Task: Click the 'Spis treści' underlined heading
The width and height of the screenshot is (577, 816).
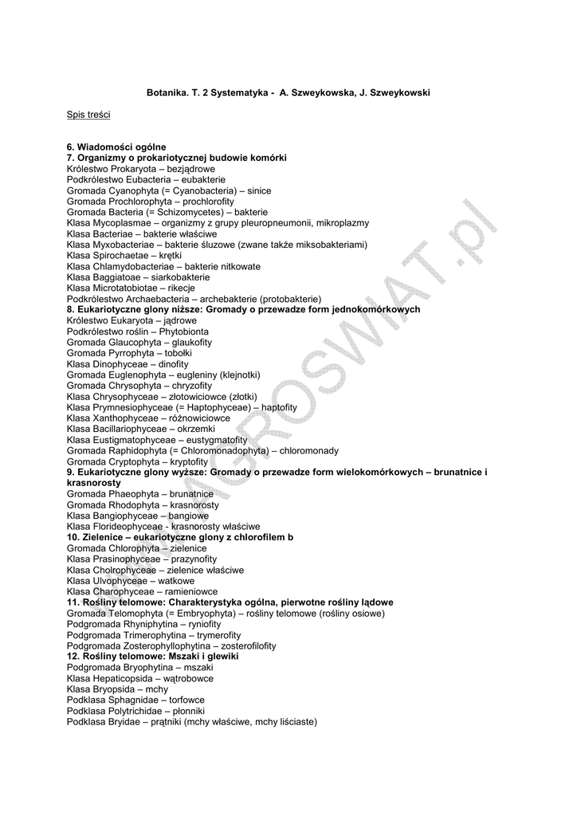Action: [x=88, y=115]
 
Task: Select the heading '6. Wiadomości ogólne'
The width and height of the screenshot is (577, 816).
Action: [x=116, y=147]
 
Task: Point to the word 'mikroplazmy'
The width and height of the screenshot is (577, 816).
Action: [x=343, y=223]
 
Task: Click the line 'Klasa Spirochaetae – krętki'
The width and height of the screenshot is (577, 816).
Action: [x=124, y=256]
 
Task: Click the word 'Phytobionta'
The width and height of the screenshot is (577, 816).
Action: [x=184, y=331]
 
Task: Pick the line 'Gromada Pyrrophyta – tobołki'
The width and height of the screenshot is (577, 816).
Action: [x=129, y=352]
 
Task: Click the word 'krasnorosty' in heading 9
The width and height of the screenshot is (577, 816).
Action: [x=94, y=483]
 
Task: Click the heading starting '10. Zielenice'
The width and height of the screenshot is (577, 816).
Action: [x=180, y=537]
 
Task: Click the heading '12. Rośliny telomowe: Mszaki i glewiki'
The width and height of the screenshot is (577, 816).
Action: [x=152, y=657]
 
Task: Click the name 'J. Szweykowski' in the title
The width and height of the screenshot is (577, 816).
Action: [x=395, y=93]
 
